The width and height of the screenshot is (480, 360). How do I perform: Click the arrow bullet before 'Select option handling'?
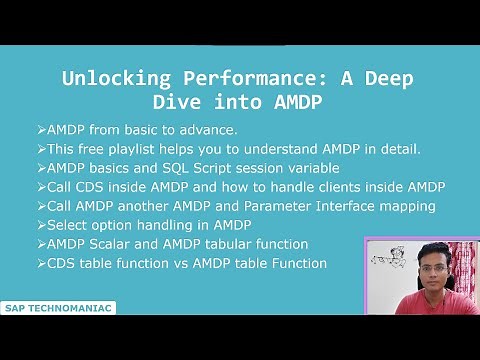(x=39, y=225)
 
